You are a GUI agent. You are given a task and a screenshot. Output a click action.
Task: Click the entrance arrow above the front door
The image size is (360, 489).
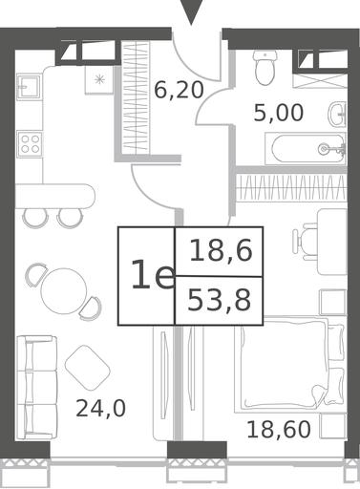coord(191,11)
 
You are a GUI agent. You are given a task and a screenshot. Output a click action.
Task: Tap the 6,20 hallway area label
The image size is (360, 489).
coord(179,90)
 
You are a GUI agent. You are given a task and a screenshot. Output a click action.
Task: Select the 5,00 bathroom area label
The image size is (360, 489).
coord(279,113)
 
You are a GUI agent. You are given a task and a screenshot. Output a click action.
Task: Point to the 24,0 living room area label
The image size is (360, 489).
coord(100,409)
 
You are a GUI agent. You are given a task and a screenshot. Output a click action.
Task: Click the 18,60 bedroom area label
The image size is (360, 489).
coord(279,429)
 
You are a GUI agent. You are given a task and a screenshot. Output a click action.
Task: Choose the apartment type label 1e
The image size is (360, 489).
coord(153,274)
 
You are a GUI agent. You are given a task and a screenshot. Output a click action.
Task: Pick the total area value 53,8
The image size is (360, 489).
coord(219,301)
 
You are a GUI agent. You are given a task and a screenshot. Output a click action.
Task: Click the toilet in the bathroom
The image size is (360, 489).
coord(265,68)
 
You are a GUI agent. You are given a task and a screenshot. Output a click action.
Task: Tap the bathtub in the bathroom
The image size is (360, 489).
coord(306,149)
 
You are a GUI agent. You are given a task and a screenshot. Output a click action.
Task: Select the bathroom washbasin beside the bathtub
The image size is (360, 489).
coord(337,114)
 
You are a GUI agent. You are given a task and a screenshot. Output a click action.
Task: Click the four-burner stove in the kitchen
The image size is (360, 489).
coord(30,144)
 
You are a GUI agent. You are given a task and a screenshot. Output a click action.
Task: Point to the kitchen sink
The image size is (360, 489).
coord(29,87)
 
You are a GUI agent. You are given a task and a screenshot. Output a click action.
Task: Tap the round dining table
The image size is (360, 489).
coord(64,291)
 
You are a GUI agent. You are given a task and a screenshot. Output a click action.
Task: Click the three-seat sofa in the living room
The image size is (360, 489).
coord(36,388)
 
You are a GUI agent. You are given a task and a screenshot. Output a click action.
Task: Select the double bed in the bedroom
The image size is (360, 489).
coord(289,365)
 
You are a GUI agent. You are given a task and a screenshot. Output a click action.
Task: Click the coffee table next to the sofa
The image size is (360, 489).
coord(88,368)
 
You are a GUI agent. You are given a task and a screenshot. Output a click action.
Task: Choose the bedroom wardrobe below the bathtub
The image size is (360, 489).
coord(291,187)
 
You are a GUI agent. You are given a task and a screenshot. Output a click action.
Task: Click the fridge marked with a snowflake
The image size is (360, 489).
coord(99,79)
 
